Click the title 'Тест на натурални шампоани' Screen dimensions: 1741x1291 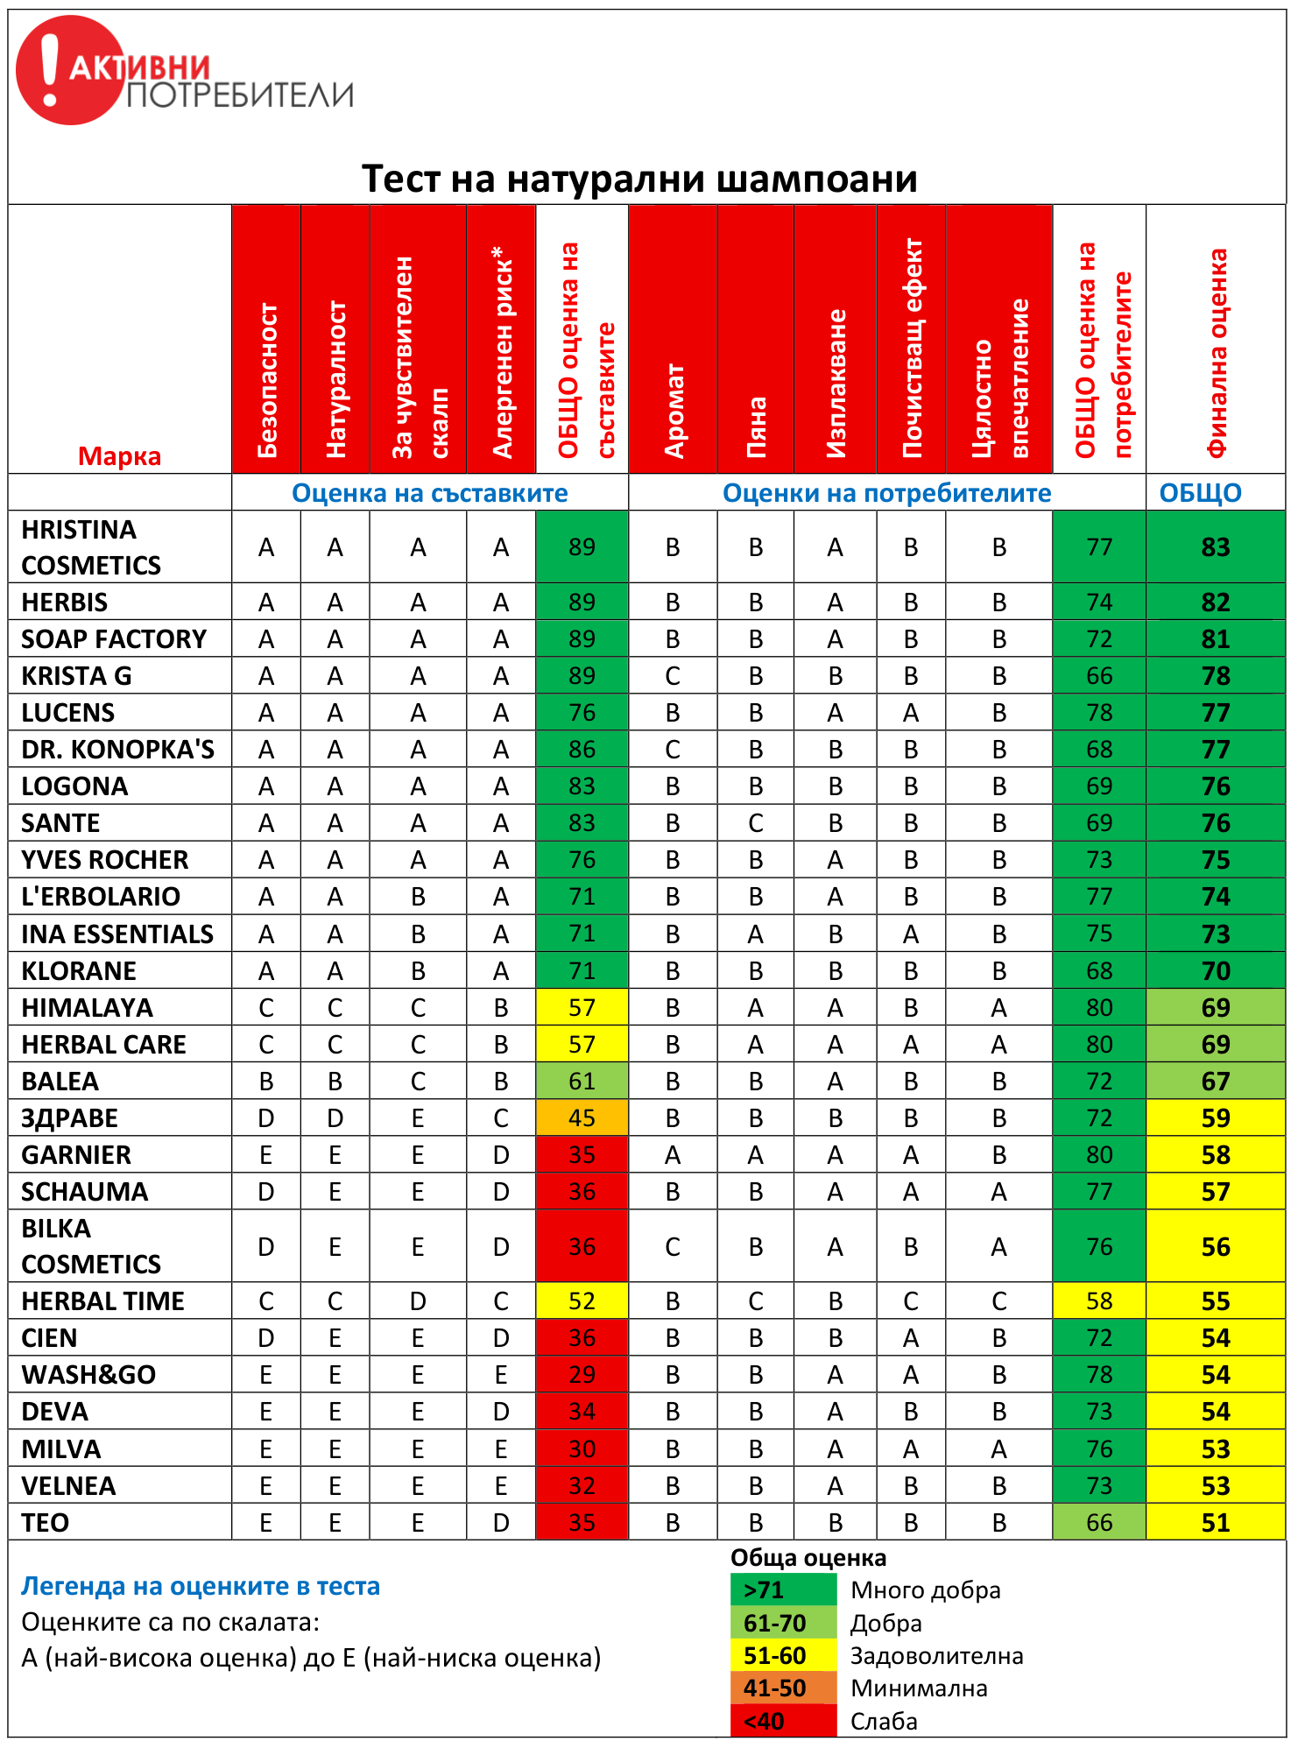click(639, 179)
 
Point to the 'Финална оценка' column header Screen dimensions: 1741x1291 click(1216, 350)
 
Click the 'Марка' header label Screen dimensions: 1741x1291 click(119, 456)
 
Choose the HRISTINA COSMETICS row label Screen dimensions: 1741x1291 click(91, 547)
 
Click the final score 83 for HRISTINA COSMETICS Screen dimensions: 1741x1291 click(1216, 547)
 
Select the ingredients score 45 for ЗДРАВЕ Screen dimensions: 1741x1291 click(582, 1118)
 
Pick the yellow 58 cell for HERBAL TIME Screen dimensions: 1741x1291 click(1099, 1301)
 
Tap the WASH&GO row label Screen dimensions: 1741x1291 click(88, 1375)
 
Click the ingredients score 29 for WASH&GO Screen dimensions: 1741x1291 click(582, 1375)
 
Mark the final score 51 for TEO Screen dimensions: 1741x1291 click(1216, 1523)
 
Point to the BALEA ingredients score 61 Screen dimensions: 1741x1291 click(582, 1082)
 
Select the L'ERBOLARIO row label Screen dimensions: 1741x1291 click(101, 897)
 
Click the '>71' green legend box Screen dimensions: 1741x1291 click(783, 1589)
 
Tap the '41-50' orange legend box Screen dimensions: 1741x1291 click(783, 1688)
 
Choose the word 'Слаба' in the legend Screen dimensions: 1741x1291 click(884, 1721)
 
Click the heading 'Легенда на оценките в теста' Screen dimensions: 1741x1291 click(201, 1586)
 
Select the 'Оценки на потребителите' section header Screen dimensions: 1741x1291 click(886, 493)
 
